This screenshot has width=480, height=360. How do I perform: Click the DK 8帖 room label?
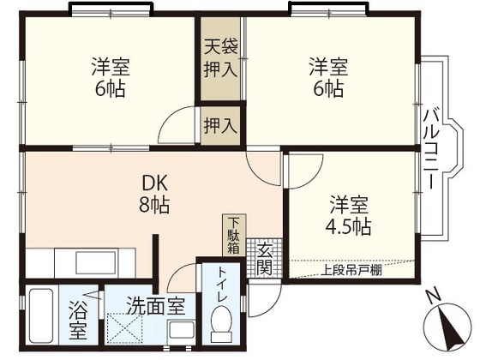coord(154,194)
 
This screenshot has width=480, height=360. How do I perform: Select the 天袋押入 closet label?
coord(220,58)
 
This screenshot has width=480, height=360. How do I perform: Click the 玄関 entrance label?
coord(264,256)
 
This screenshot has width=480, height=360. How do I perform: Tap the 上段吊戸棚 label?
coord(351,274)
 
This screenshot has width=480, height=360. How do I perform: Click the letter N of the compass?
coord(431,296)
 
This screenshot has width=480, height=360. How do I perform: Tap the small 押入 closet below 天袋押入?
coord(219,125)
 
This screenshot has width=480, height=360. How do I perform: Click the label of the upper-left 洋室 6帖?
coord(109,76)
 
